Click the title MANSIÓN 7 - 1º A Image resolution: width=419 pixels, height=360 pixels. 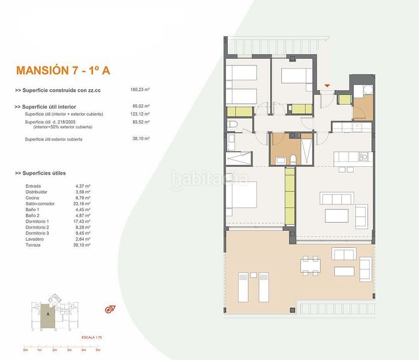coord(62,70)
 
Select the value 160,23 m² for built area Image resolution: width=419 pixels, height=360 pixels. coord(140,89)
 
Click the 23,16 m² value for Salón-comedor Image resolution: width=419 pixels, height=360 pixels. coord(82,203)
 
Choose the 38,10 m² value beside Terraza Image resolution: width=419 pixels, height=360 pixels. coord(82,245)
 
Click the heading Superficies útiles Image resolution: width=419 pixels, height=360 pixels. coord(44,173)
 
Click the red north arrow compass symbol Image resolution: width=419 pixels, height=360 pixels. coord(110,310)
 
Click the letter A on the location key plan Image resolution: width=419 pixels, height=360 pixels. coord(48,313)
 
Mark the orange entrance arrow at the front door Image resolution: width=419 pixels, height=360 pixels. coord(327,86)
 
